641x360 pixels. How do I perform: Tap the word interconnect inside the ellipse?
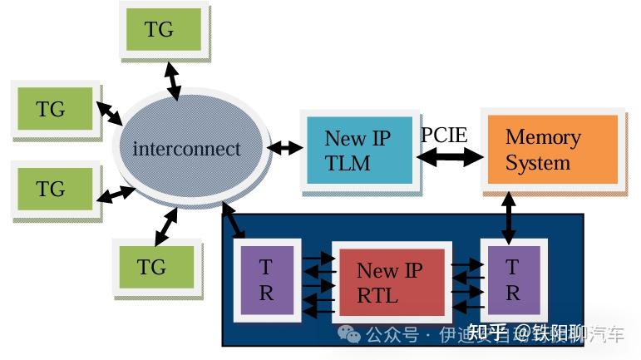[186, 150]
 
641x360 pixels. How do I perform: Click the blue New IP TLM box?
[357, 150]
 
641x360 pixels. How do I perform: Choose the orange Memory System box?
[550, 149]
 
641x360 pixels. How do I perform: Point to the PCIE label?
[444, 135]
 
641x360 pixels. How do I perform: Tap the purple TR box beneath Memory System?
[512, 280]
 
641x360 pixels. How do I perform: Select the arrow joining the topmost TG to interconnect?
[173, 80]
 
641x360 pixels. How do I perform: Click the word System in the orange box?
[537, 163]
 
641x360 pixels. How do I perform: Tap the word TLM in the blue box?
[348, 164]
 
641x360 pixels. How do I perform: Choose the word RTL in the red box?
[378, 294]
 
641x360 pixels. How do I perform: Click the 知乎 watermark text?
[487, 333]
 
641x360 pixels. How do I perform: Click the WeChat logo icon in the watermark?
[349, 334]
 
